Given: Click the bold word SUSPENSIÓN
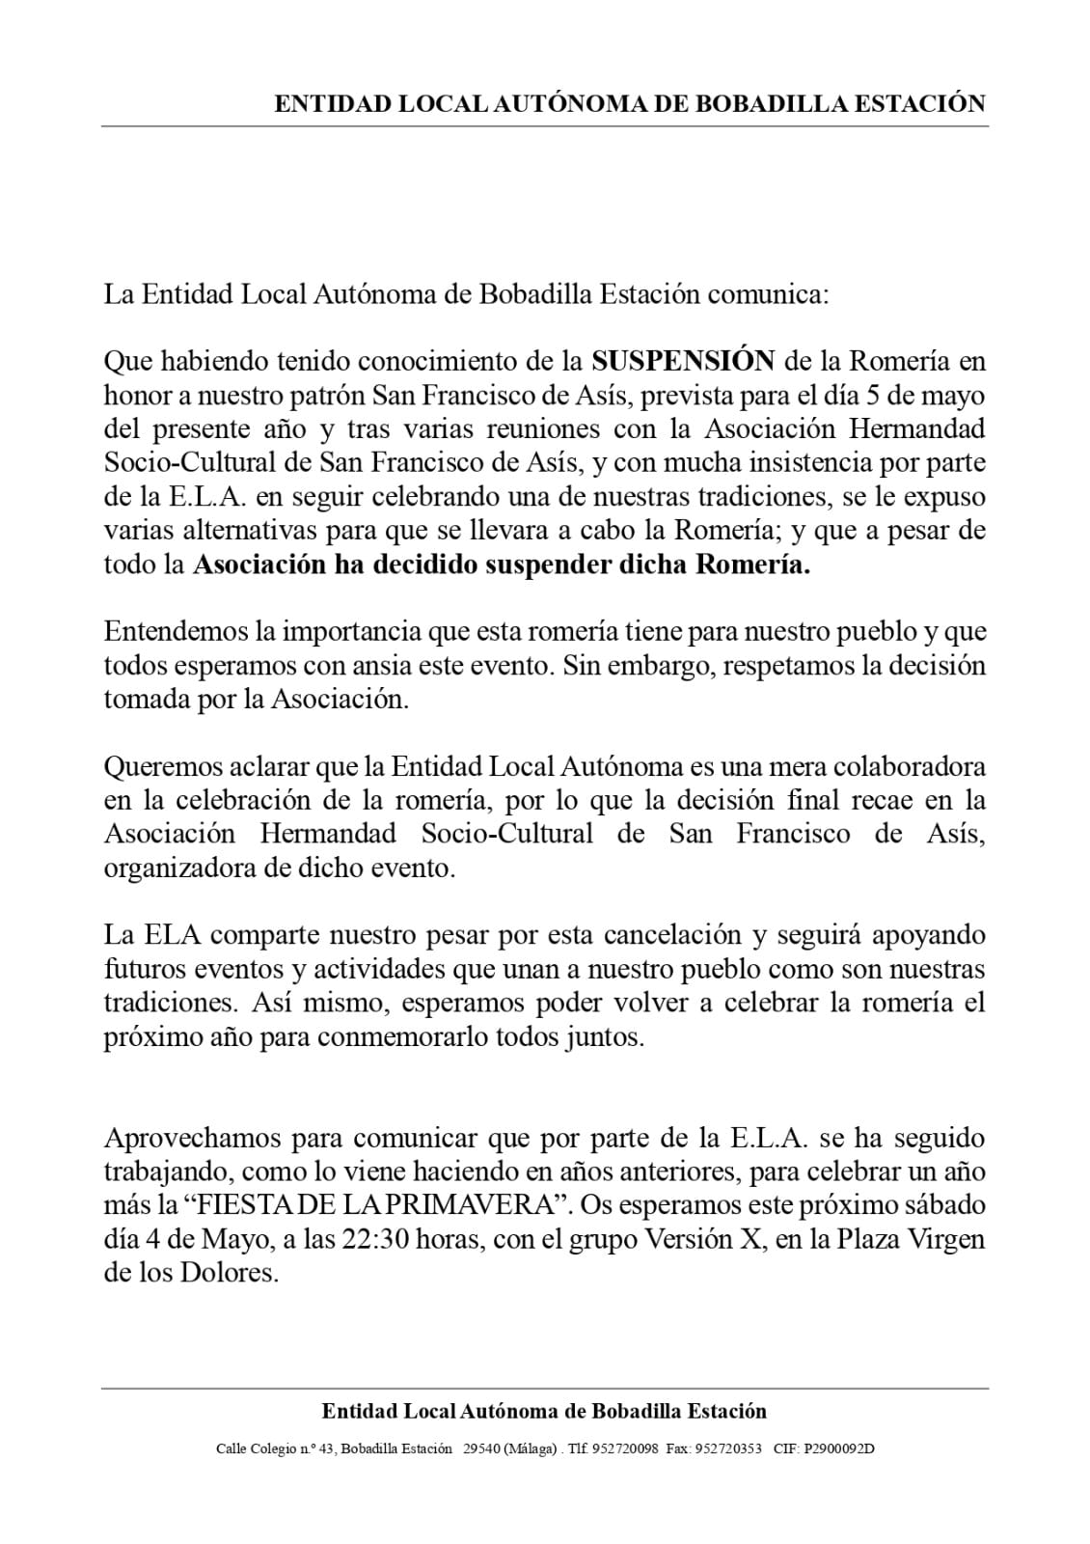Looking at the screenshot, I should point(683,362).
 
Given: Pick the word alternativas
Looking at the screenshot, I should point(246,531).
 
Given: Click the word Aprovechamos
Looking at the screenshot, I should point(191,1139).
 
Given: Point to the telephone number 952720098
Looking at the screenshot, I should point(626,1448).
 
